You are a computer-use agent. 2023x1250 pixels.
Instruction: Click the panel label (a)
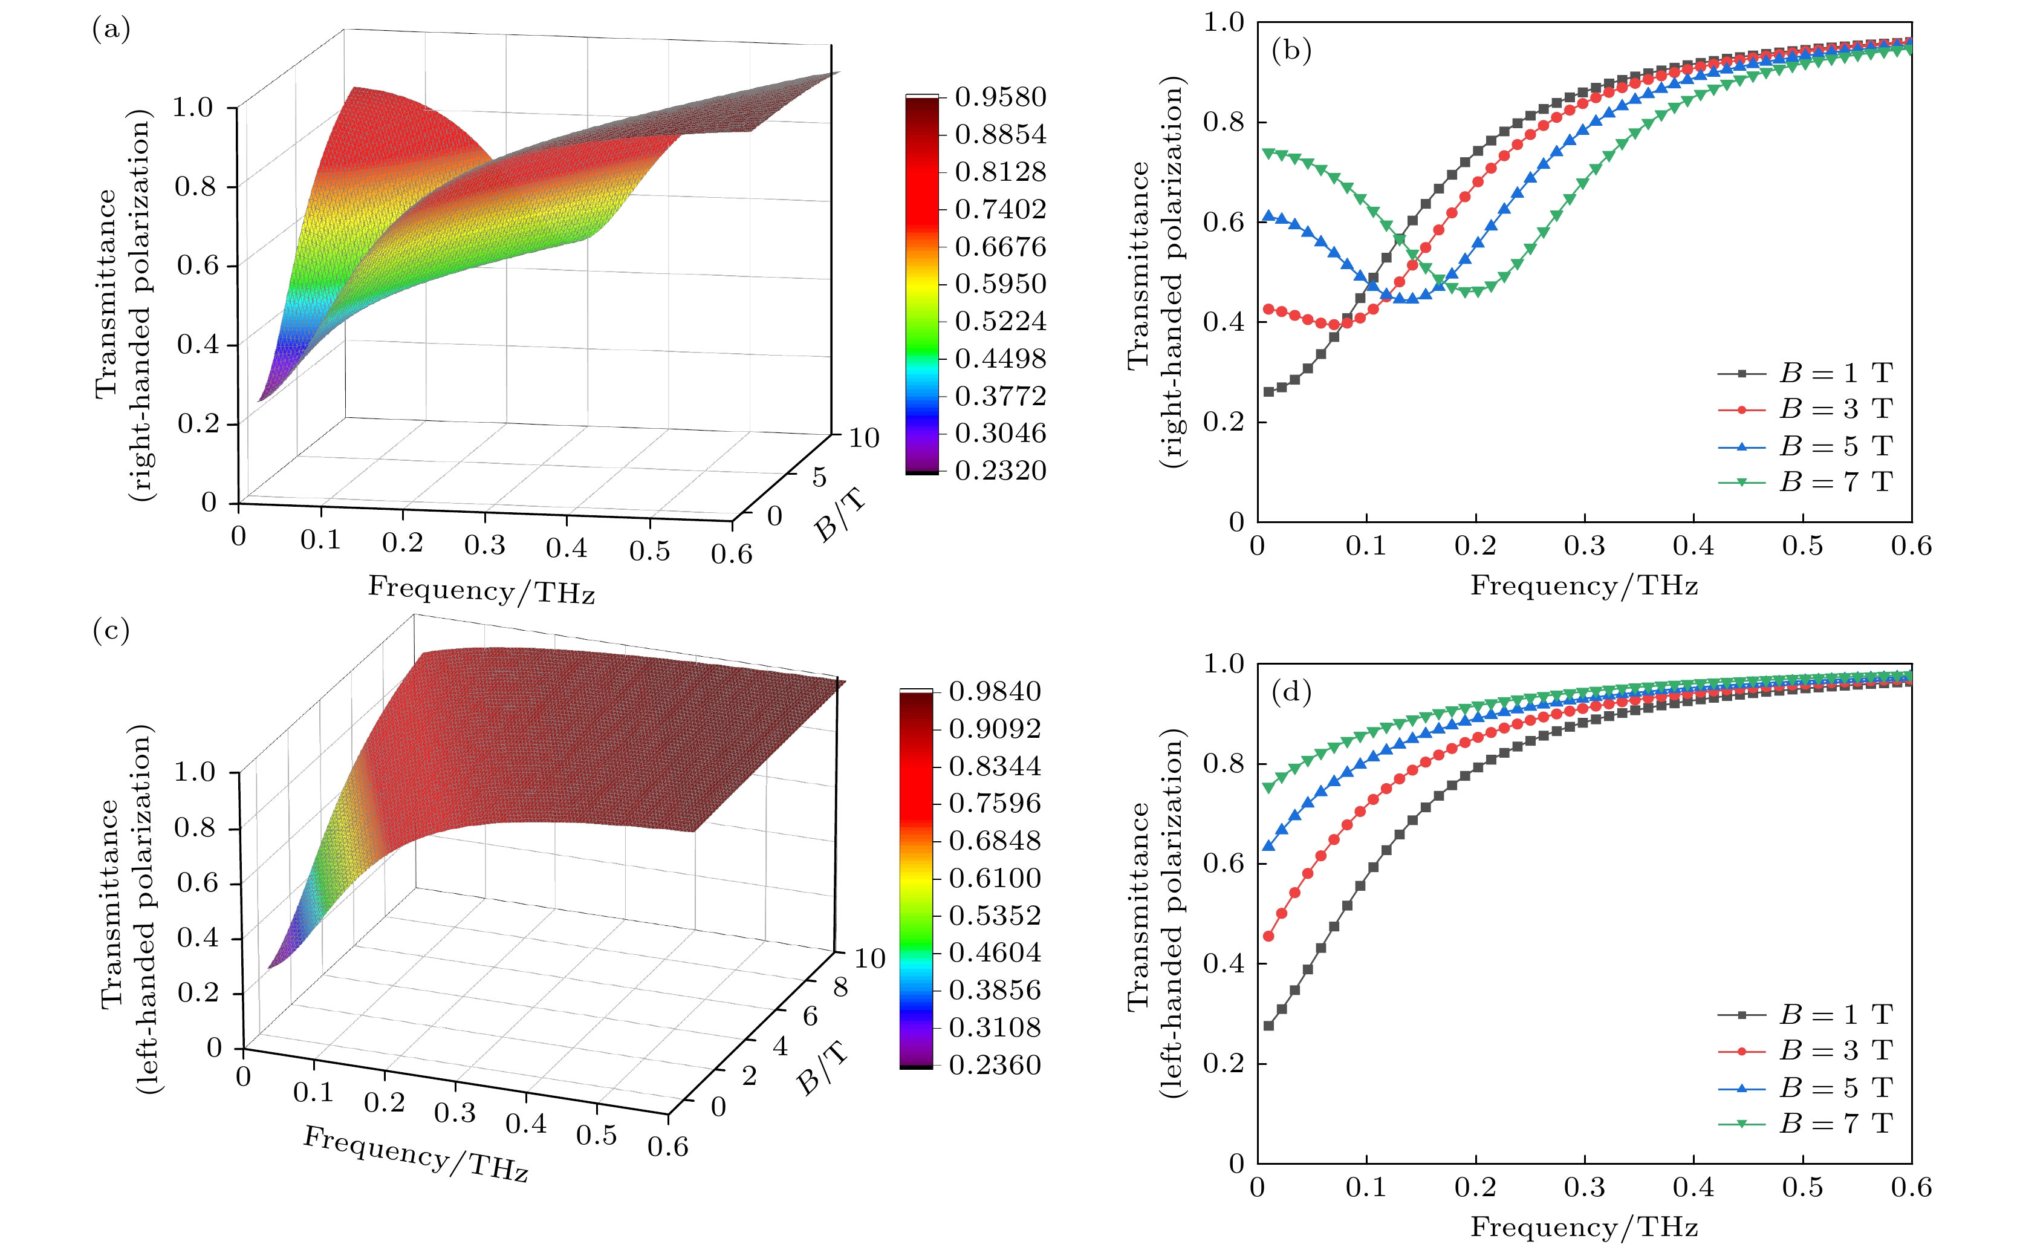tap(111, 31)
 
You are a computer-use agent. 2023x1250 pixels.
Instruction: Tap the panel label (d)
tap(1291, 691)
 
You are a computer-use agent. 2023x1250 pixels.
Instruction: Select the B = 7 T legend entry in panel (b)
tap(1806, 482)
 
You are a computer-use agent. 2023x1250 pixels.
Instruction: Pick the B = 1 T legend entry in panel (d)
tap(1806, 1014)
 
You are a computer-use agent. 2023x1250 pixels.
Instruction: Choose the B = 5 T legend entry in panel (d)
tap(1806, 1088)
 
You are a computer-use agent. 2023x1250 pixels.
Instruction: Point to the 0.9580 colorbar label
tap(1000, 97)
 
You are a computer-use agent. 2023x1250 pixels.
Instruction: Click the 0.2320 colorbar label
tap(1000, 471)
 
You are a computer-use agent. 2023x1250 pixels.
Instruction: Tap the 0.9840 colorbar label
tap(994, 692)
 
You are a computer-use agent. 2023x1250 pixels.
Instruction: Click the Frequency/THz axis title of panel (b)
tap(1583, 586)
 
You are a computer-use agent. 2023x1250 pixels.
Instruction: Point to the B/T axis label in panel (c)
tap(823, 1067)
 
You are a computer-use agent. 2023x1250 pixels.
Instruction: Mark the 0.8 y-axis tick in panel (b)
tap(1223, 122)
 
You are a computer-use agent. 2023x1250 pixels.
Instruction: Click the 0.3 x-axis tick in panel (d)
tap(1584, 1188)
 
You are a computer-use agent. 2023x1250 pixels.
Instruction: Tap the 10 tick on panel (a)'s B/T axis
tap(863, 438)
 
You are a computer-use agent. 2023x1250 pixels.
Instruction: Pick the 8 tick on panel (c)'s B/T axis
tap(840, 987)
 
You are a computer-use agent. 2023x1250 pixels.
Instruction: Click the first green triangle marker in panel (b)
tap(1268, 153)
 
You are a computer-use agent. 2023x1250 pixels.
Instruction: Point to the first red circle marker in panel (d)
tap(1268, 937)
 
